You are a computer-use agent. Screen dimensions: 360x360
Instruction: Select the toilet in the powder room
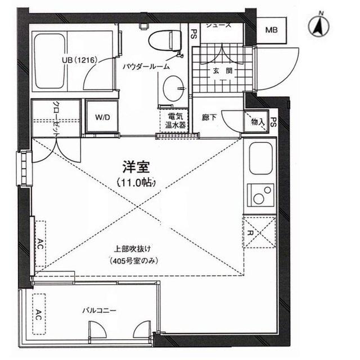tap(165, 41)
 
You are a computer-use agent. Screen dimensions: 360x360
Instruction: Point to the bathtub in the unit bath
tap(49, 62)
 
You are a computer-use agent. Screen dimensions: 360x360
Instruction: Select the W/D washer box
tap(102, 118)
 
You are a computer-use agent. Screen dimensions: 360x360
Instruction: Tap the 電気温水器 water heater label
tap(172, 120)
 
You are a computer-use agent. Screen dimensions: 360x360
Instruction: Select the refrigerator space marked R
tap(259, 232)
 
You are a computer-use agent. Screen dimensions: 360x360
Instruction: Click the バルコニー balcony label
tap(99, 309)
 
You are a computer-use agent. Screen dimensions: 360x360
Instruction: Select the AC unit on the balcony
tap(39, 313)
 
